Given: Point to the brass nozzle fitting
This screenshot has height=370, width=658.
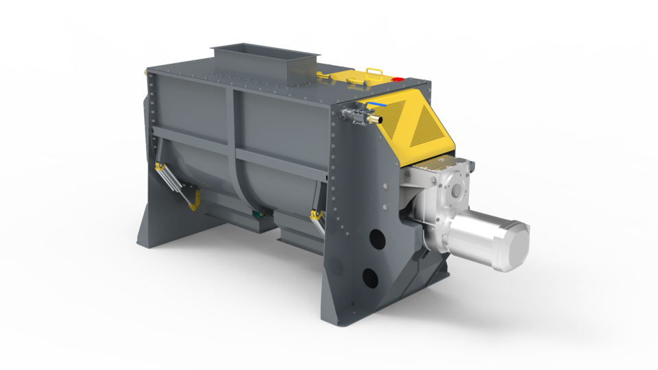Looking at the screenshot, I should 374,119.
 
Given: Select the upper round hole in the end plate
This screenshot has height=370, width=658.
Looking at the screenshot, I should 376,238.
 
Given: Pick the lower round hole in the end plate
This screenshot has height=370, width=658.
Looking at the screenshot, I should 370,277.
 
